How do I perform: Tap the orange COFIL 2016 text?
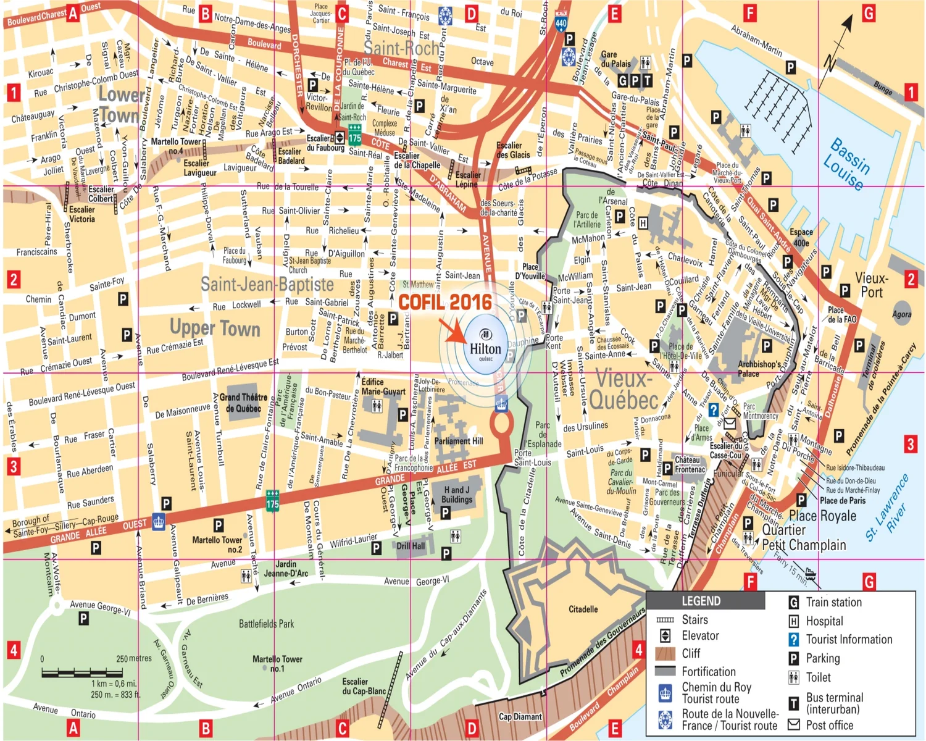coord(445,302)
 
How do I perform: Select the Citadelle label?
coord(583,609)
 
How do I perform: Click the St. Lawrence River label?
coord(886,508)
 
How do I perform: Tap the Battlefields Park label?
coord(266,624)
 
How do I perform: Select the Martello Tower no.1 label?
coord(277,663)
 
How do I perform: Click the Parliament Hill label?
coord(459,441)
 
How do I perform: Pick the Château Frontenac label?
coord(689,464)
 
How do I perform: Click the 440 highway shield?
coord(561,23)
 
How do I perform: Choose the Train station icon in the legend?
coord(794,602)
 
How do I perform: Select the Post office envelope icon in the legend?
coord(794,724)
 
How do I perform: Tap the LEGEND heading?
coord(701,601)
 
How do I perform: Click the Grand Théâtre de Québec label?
coord(243,403)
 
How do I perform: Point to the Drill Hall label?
coord(411,546)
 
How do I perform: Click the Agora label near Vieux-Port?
coord(901,314)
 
